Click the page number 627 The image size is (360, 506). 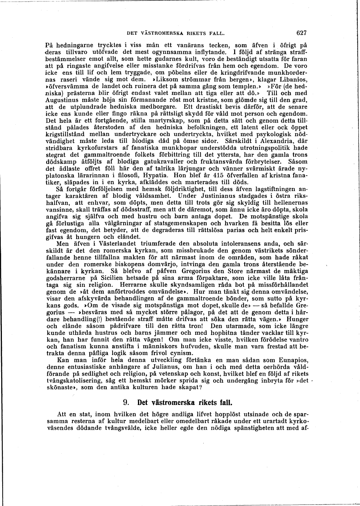(x=301, y=33)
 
